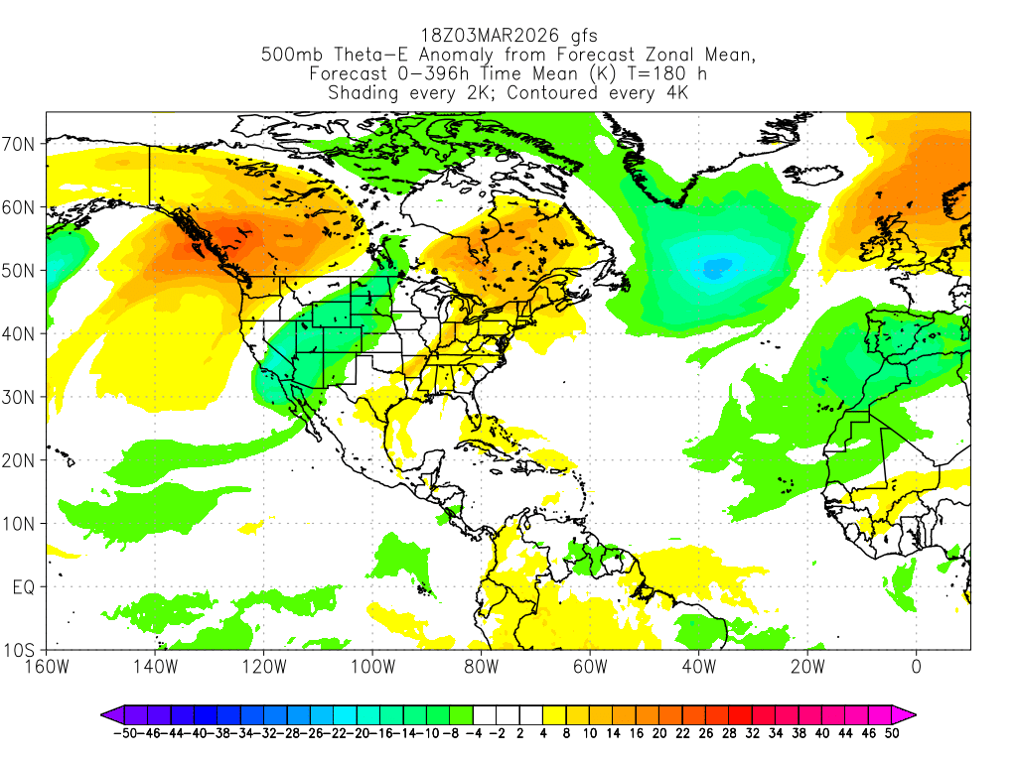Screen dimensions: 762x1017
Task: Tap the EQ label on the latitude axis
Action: click(x=24, y=587)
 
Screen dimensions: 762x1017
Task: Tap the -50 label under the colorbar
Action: click(x=124, y=733)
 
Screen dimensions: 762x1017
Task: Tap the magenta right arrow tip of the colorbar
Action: click(x=912, y=714)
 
